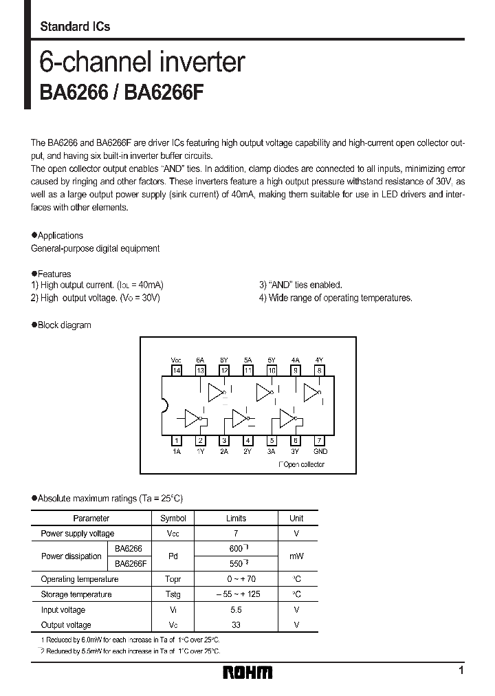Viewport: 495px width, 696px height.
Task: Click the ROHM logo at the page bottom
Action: pyautogui.click(x=247, y=672)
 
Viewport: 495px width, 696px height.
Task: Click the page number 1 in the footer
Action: pyautogui.click(x=460, y=671)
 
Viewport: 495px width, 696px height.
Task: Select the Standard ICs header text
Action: pyautogui.click(x=75, y=27)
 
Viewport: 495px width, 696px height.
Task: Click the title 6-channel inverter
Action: pyautogui.click(x=142, y=63)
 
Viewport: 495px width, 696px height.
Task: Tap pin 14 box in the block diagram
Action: pyautogui.click(x=177, y=370)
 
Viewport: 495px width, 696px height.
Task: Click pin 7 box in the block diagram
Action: pyautogui.click(x=320, y=441)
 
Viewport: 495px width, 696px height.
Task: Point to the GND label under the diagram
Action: pyautogui.click(x=320, y=452)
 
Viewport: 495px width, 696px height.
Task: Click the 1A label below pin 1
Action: pyautogui.click(x=177, y=452)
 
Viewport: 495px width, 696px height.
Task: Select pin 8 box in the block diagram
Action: pyautogui.click(x=320, y=370)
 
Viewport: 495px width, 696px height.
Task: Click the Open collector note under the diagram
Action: pyautogui.click(x=302, y=465)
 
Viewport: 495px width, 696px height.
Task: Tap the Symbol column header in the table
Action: pyautogui.click(x=173, y=519)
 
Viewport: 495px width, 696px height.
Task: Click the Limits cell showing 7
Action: pyautogui.click(x=236, y=534)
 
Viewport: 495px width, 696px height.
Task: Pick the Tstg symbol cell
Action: pyautogui.click(x=173, y=594)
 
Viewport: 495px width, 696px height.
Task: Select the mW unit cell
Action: pyautogui.click(x=296, y=556)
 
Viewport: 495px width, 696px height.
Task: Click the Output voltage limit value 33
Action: pyautogui.click(x=236, y=625)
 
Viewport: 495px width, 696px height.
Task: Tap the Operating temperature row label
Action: pyautogui.click(x=80, y=579)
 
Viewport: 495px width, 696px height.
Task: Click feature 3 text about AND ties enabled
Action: pyautogui.click(x=300, y=285)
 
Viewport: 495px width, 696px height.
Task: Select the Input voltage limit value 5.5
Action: pyautogui.click(x=236, y=610)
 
